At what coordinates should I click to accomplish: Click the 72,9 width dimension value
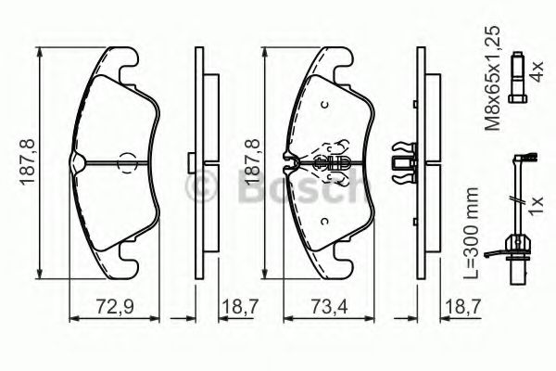[x=115, y=306]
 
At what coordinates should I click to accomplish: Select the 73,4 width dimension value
[x=329, y=306]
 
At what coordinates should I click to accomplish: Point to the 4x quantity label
[x=537, y=71]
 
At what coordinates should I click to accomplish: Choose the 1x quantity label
[x=537, y=205]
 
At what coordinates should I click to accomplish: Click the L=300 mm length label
[x=472, y=233]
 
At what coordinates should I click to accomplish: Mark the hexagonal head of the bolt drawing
[x=518, y=98]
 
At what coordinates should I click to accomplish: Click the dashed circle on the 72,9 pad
[x=127, y=163]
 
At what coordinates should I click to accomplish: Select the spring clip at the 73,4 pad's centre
[x=332, y=162]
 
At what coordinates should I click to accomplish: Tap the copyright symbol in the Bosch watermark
[x=201, y=185]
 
